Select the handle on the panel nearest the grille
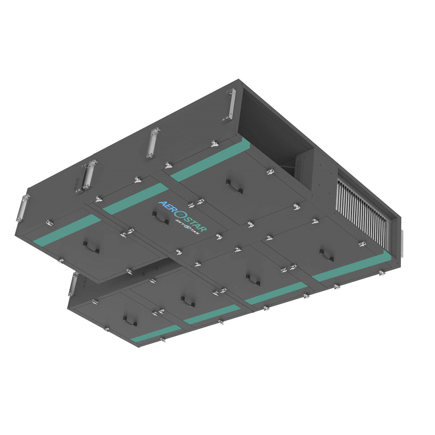(x=327, y=256)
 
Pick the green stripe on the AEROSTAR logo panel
(x=136, y=199)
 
